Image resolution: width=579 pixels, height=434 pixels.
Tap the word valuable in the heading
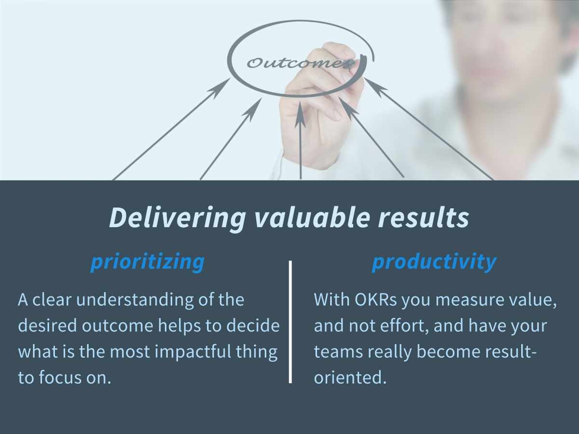pyautogui.click(x=311, y=217)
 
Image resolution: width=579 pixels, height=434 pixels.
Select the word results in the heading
pyautogui.click(x=423, y=217)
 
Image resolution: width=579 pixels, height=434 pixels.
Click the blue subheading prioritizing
pyautogui.click(x=148, y=262)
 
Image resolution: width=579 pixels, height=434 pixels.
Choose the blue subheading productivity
pyautogui.click(x=434, y=262)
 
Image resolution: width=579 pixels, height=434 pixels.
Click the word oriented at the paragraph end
pyautogui.click(x=349, y=378)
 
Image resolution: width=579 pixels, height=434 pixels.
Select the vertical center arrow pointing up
pyautogui.click(x=301, y=140)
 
